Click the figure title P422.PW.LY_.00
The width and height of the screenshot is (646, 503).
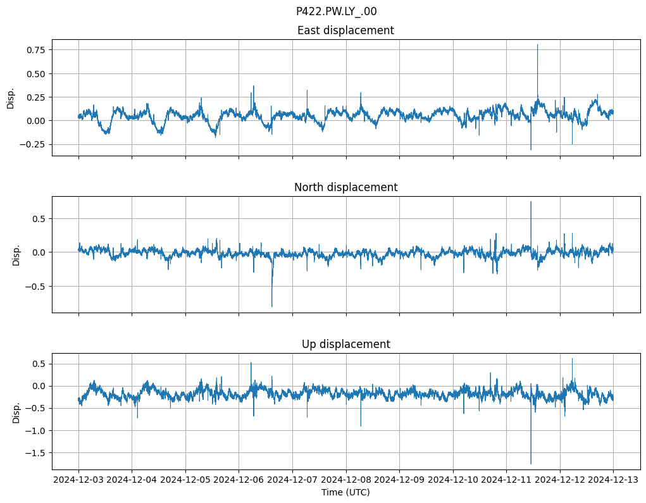tap(336, 11)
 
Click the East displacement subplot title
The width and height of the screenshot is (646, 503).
tap(345, 30)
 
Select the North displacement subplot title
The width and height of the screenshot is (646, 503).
tap(345, 187)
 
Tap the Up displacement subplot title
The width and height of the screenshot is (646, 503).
tap(345, 344)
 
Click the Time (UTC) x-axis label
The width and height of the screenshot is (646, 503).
tap(345, 492)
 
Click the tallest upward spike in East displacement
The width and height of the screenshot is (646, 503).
tap(537, 45)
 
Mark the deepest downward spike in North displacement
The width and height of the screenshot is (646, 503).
tap(272, 306)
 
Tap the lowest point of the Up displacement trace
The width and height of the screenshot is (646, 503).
tap(531, 463)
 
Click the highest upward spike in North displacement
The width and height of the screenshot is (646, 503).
tap(531, 202)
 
